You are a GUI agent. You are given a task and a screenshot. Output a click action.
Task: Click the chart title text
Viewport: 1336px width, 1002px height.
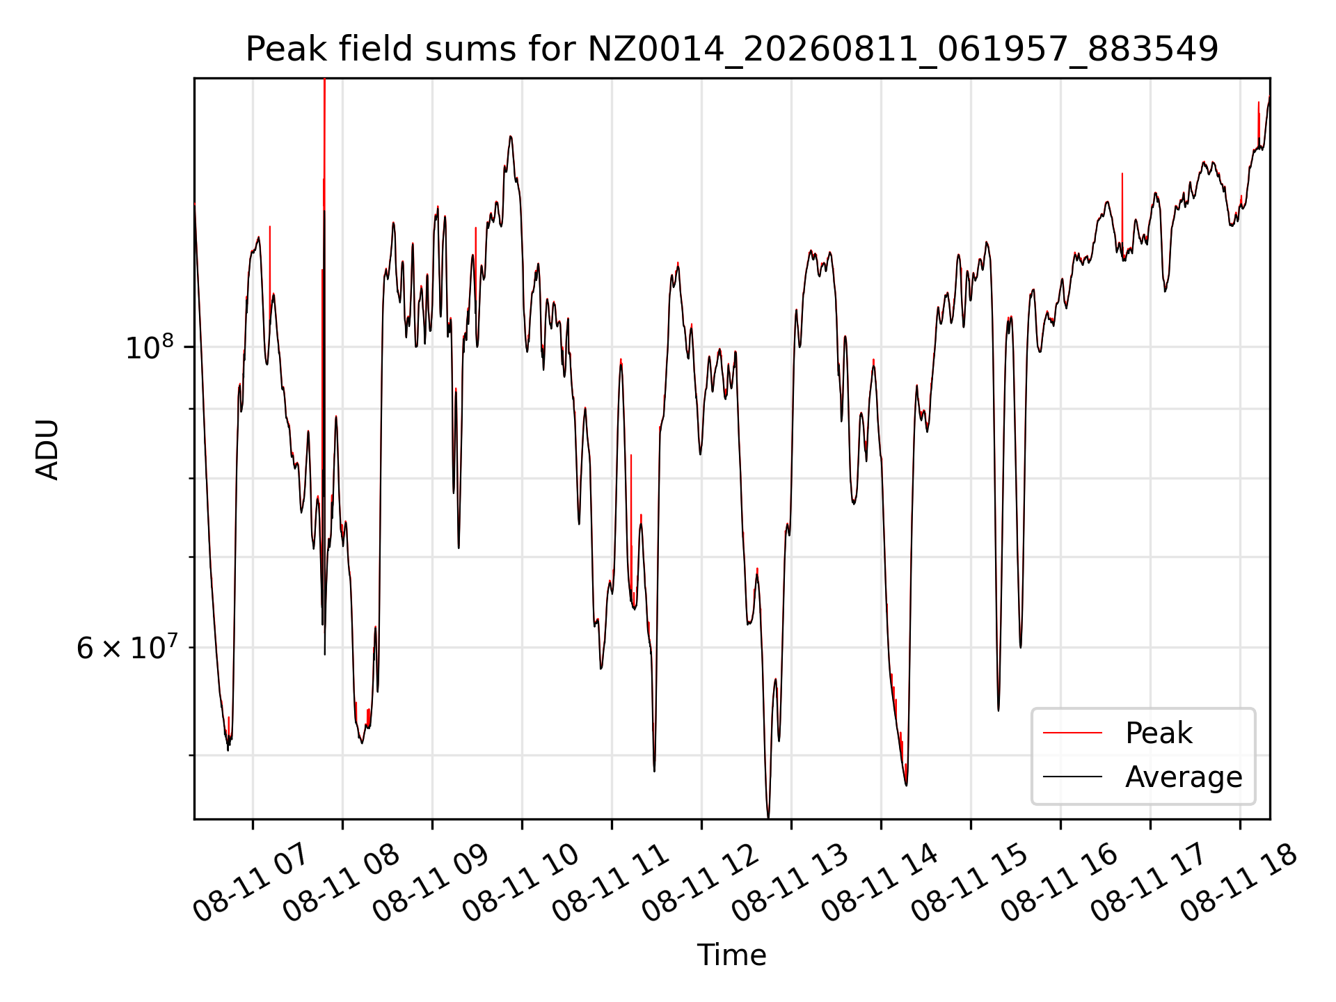(731, 49)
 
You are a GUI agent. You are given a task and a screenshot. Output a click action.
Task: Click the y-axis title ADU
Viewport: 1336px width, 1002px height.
(47, 449)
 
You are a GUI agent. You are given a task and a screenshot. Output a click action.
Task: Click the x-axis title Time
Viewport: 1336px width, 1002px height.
(731, 955)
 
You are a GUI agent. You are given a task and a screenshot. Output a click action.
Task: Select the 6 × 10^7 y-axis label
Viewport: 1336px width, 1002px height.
(127, 648)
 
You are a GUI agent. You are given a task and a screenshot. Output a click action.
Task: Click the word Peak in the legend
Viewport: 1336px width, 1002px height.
(1159, 733)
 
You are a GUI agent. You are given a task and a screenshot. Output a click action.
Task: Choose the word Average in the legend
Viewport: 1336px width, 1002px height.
(1184, 777)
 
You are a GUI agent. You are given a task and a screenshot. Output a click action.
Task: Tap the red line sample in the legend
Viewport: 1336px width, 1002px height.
(1072, 733)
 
